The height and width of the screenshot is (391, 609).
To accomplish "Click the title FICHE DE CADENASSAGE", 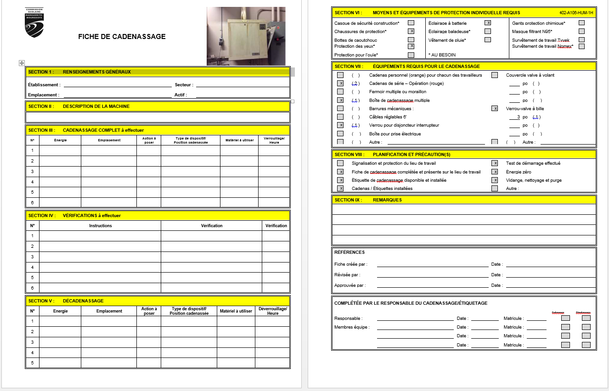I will click(122, 37).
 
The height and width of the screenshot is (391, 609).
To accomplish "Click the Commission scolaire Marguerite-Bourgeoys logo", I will click(34, 22).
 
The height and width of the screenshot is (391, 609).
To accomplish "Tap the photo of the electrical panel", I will click(246, 36).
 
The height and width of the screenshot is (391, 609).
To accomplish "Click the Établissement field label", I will click(44, 85).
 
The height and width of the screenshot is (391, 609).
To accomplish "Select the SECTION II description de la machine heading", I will click(79, 106).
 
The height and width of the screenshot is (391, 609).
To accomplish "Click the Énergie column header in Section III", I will click(60, 140).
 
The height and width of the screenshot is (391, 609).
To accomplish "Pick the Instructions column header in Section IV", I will click(100, 226).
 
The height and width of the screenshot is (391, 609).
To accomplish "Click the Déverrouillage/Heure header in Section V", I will click(273, 311).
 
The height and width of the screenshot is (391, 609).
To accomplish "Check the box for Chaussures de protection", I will click(411, 31).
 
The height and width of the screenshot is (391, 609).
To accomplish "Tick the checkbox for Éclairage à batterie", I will click(488, 22).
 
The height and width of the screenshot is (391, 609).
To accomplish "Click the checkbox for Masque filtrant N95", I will click(581, 31).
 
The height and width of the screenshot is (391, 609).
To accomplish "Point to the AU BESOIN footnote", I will click(442, 55).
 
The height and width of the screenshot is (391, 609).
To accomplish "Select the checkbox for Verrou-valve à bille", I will click(495, 109).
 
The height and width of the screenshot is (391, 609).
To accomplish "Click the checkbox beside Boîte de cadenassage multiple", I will click(340, 100).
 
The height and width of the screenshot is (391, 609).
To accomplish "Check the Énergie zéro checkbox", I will click(495, 172).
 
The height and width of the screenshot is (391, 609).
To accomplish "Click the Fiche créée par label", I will click(350, 264).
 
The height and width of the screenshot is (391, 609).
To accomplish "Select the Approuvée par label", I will click(350, 285).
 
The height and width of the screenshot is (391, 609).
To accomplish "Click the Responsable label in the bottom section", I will click(348, 318).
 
